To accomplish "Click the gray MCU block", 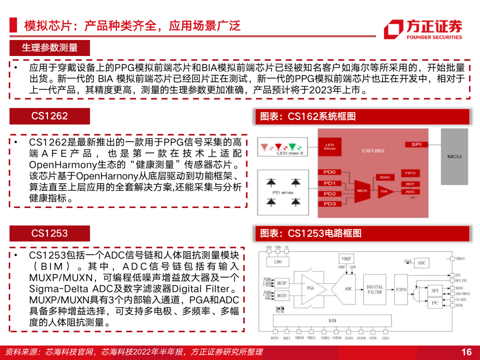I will (x=454, y=156).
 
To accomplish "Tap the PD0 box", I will (x=330, y=172).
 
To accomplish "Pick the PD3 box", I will (x=330, y=204).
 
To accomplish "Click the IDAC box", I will (x=385, y=177).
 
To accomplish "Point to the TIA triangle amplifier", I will (x=384, y=191).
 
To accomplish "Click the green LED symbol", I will (x=292, y=146).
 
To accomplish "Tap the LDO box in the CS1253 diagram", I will (x=278, y=262).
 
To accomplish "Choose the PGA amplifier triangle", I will (x=312, y=288).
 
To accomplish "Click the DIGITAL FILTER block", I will (x=375, y=289).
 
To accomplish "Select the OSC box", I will (x=421, y=263).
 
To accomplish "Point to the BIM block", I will (x=332, y=320).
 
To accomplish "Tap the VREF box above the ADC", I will (x=347, y=259).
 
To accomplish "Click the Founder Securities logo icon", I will (x=393, y=29).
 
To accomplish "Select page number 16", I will (x=466, y=352).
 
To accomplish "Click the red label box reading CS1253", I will (x=50, y=233).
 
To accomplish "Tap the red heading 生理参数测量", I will (x=50, y=48).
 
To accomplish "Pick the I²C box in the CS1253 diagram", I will (x=434, y=303).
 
